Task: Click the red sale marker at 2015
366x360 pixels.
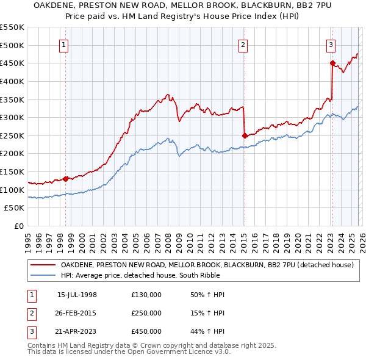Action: [245, 135]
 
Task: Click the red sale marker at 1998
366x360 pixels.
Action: [66, 179]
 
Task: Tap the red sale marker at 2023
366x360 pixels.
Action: [332, 63]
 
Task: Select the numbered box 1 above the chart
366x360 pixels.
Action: [64, 44]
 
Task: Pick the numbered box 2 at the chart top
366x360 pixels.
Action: [243, 44]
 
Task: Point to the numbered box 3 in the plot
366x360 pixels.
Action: [331, 44]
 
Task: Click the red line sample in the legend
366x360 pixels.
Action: [43, 265]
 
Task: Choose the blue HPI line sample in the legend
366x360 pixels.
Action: [43, 275]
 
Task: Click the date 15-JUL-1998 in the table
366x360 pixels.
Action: [77, 295]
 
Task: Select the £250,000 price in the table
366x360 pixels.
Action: [146, 313]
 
